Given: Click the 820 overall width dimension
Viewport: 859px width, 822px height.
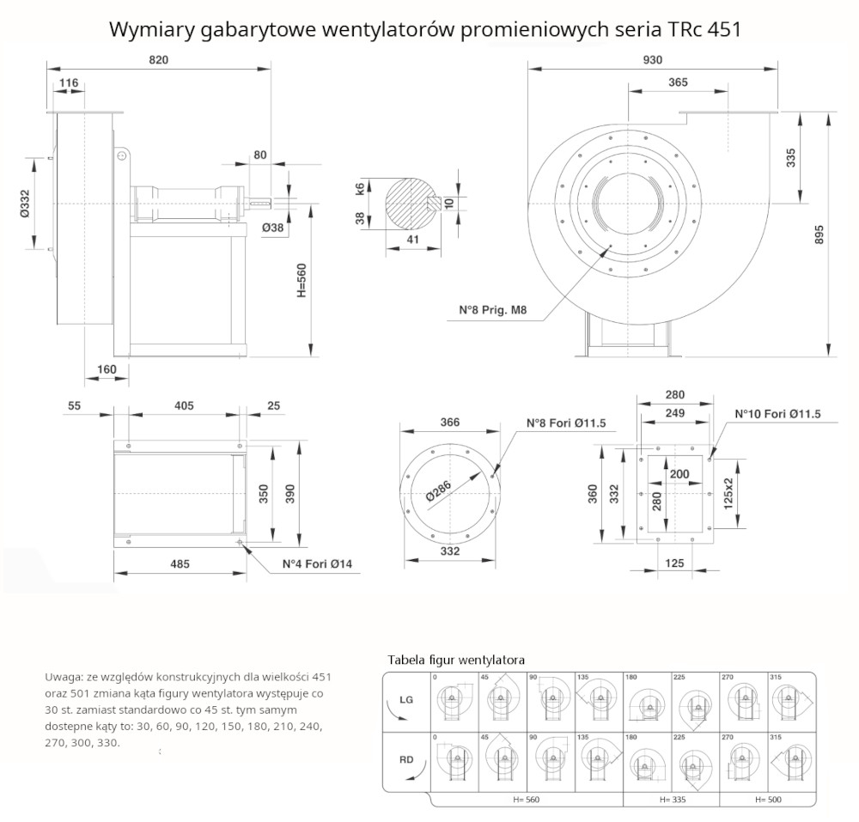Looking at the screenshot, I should click(x=158, y=59).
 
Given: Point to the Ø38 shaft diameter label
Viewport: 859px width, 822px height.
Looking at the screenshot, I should click(x=273, y=228).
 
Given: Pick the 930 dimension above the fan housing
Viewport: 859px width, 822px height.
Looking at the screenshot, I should click(x=653, y=59).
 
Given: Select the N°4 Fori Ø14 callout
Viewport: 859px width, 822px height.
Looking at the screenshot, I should click(x=317, y=565).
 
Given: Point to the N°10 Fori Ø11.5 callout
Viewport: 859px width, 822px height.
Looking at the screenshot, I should click(x=778, y=413).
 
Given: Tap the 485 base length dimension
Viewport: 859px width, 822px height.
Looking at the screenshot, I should click(x=180, y=564).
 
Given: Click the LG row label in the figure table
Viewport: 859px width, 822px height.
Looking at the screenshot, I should click(x=406, y=700).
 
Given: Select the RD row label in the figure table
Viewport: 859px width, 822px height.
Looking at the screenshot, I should click(x=406, y=758).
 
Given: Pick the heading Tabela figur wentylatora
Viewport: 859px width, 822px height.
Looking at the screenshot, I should click(x=456, y=660).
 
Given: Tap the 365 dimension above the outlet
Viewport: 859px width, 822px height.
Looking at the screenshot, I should click(x=678, y=82).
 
